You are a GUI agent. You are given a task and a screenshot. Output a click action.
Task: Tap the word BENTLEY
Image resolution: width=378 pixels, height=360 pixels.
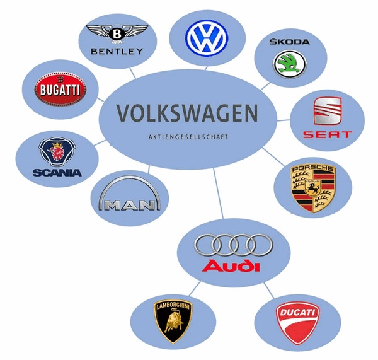click(x=117, y=50)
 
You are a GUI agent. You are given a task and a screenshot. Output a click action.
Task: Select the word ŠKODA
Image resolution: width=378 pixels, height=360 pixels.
click(x=289, y=42)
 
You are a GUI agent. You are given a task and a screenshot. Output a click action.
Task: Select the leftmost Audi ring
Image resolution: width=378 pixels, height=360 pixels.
click(x=206, y=244)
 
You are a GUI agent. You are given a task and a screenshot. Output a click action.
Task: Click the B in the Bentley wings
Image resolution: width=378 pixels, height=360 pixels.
click(x=117, y=32)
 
